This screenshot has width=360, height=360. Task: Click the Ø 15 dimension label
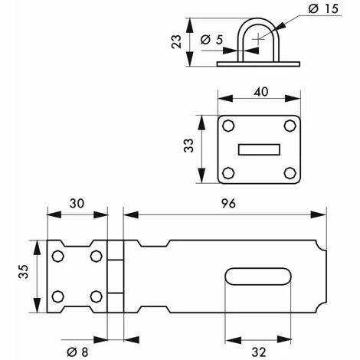pos(323,9)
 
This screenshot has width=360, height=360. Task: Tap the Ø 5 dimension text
pos(211,40)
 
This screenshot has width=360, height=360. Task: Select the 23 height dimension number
pos(176,41)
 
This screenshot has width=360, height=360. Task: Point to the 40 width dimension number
pos(261,92)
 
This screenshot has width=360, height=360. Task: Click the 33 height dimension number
pos(188,146)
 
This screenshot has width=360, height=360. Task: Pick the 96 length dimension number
pos(228,204)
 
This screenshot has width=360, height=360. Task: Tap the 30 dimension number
pos(77,204)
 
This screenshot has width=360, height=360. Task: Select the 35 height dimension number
pos(24,271)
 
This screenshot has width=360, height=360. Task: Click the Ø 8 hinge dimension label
pos(77,352)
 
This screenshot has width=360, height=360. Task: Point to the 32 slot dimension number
pos(259,352)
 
